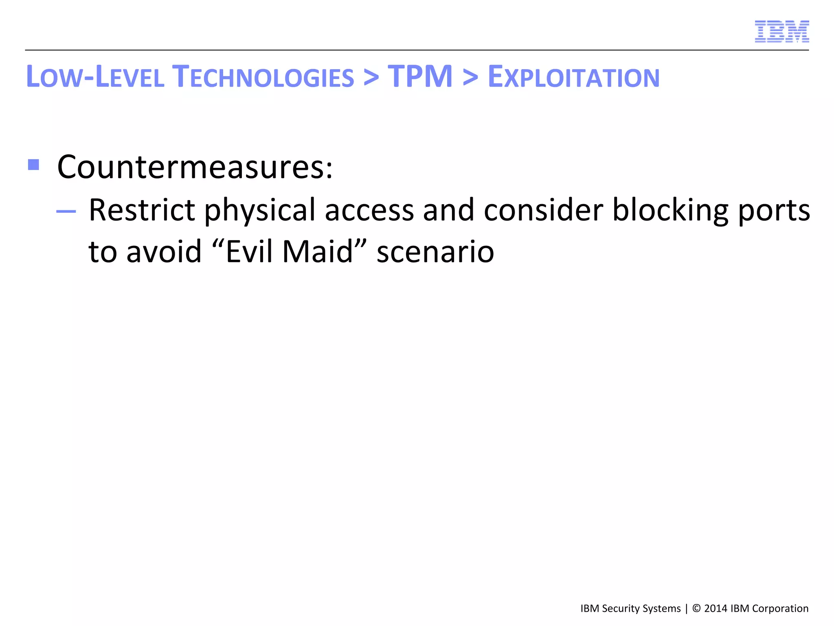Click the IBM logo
pyautogui.click(x=781, y=31)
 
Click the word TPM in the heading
pyautogui.click(x=420, y=77)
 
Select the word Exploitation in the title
pyautogui.click(x=573, y=77)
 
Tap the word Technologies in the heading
pyautogui.click(x=263, y=77)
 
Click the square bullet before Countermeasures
pyautogui.click(x=33, y=165)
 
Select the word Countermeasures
pyautogui.click(x=195, y=167)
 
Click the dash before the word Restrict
pyautogui.click(x=66, y=211)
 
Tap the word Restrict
pyautogui.click(x=142, y=210)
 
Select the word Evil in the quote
pyautogui.click(x=249, y=252)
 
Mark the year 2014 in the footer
pyautogui.click(x=715, y=608)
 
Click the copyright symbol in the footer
pyautogui.click(x=696, y=608)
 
